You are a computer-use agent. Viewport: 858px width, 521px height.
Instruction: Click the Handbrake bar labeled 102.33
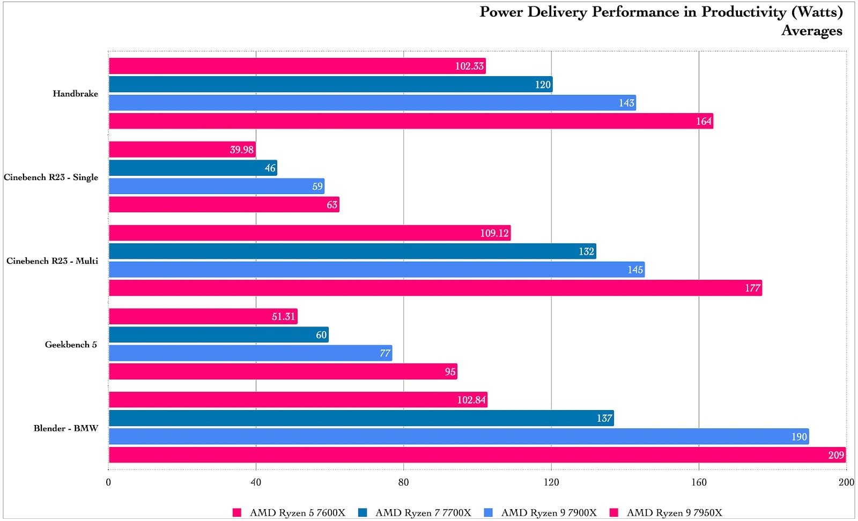[297, 66]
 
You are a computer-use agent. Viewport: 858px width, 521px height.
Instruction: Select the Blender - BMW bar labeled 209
[477, 455]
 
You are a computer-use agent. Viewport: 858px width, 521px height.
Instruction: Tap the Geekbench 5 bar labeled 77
[250, 353]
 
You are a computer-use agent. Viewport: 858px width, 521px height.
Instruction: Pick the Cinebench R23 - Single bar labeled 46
[193, 168]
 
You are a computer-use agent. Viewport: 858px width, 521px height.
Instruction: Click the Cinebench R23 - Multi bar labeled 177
[435, 288]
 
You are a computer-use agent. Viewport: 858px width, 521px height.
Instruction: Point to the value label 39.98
[241, 150]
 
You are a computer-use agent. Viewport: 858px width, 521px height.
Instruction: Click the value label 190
[799, 437]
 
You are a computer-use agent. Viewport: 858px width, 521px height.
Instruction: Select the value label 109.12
[494, 233]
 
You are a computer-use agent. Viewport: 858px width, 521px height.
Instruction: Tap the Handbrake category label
[75, 94]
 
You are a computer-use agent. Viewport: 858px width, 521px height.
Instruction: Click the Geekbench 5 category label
[71, 345]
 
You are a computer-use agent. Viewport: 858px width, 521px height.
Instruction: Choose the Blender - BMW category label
[65, 428]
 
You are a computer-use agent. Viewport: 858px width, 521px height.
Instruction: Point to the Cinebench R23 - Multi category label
[52, 261]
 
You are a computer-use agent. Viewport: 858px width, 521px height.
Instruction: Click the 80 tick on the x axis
[403, 482]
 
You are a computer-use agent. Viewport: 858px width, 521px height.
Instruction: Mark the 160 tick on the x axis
[699, 482]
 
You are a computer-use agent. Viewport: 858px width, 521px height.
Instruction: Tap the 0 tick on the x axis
[108, 482]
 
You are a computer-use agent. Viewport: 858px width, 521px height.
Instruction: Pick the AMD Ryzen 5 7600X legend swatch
[237, 513]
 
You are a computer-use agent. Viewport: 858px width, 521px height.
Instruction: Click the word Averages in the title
[811, 31]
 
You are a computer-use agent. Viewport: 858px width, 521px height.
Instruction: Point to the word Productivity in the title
[743, 12]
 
